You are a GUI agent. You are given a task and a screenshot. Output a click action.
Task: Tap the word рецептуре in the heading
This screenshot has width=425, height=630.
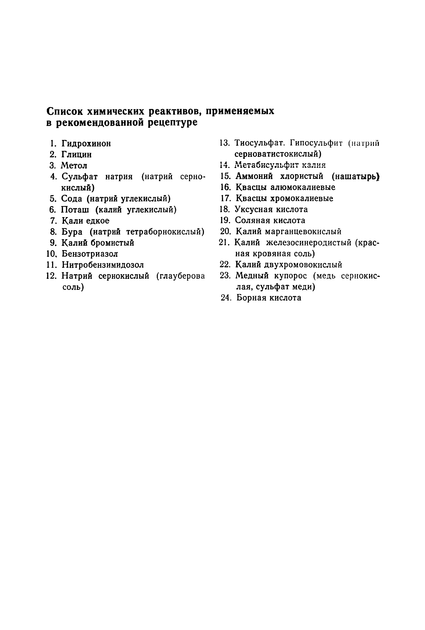pyautogui.click(x=173, y=123)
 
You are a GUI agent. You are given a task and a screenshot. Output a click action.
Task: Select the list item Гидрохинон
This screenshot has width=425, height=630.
pyautogui.click(x=86, y=143)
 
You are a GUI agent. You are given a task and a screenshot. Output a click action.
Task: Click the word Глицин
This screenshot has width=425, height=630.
pyautogui.click(x=76, y=155)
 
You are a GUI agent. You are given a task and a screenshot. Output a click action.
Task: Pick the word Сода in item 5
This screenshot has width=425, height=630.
pyautogui.click(x=71, y=199)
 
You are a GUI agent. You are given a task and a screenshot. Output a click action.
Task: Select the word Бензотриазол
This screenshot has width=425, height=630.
pyautogui.click(x=90, y=254)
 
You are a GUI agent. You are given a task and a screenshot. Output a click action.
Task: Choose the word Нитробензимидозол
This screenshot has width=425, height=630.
pyautogui.click(x=103, y=265)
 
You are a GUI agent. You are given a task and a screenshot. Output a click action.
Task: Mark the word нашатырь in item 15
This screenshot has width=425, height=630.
pyautogui.click(x=356, y=176)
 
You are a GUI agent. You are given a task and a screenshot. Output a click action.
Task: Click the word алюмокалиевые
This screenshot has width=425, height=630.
pyautogui.click(x=303, y=187)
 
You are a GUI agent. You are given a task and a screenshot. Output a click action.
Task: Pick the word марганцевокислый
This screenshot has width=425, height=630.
pyautogui.click(x=303, y=232)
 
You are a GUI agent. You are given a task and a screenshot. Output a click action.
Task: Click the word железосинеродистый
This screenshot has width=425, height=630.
pyautogui.click(x=309, y=243)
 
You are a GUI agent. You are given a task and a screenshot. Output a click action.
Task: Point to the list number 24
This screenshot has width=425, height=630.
pyautogui.click(x=226, y=298)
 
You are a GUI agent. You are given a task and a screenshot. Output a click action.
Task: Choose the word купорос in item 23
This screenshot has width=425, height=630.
pyautogui.click(x=290, y=276)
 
